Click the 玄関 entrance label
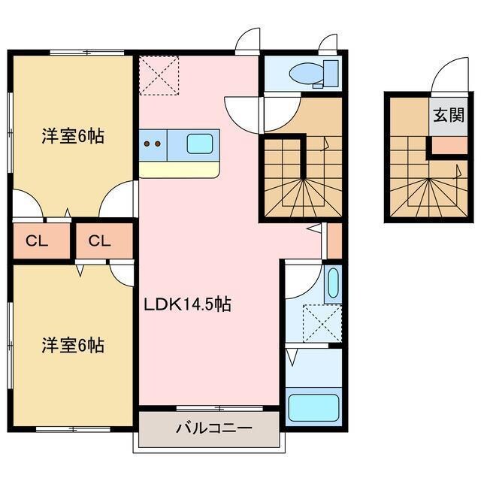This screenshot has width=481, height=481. pos(447,116)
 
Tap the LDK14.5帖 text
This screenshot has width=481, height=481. pos(187,304)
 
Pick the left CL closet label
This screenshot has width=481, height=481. pos(34,241)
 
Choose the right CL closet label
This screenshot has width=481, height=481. pos(99,241)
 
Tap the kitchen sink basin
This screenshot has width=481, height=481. pos(199,143)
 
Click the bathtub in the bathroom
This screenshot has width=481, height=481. pos(314,407)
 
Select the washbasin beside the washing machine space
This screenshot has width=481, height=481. pos(334,283)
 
